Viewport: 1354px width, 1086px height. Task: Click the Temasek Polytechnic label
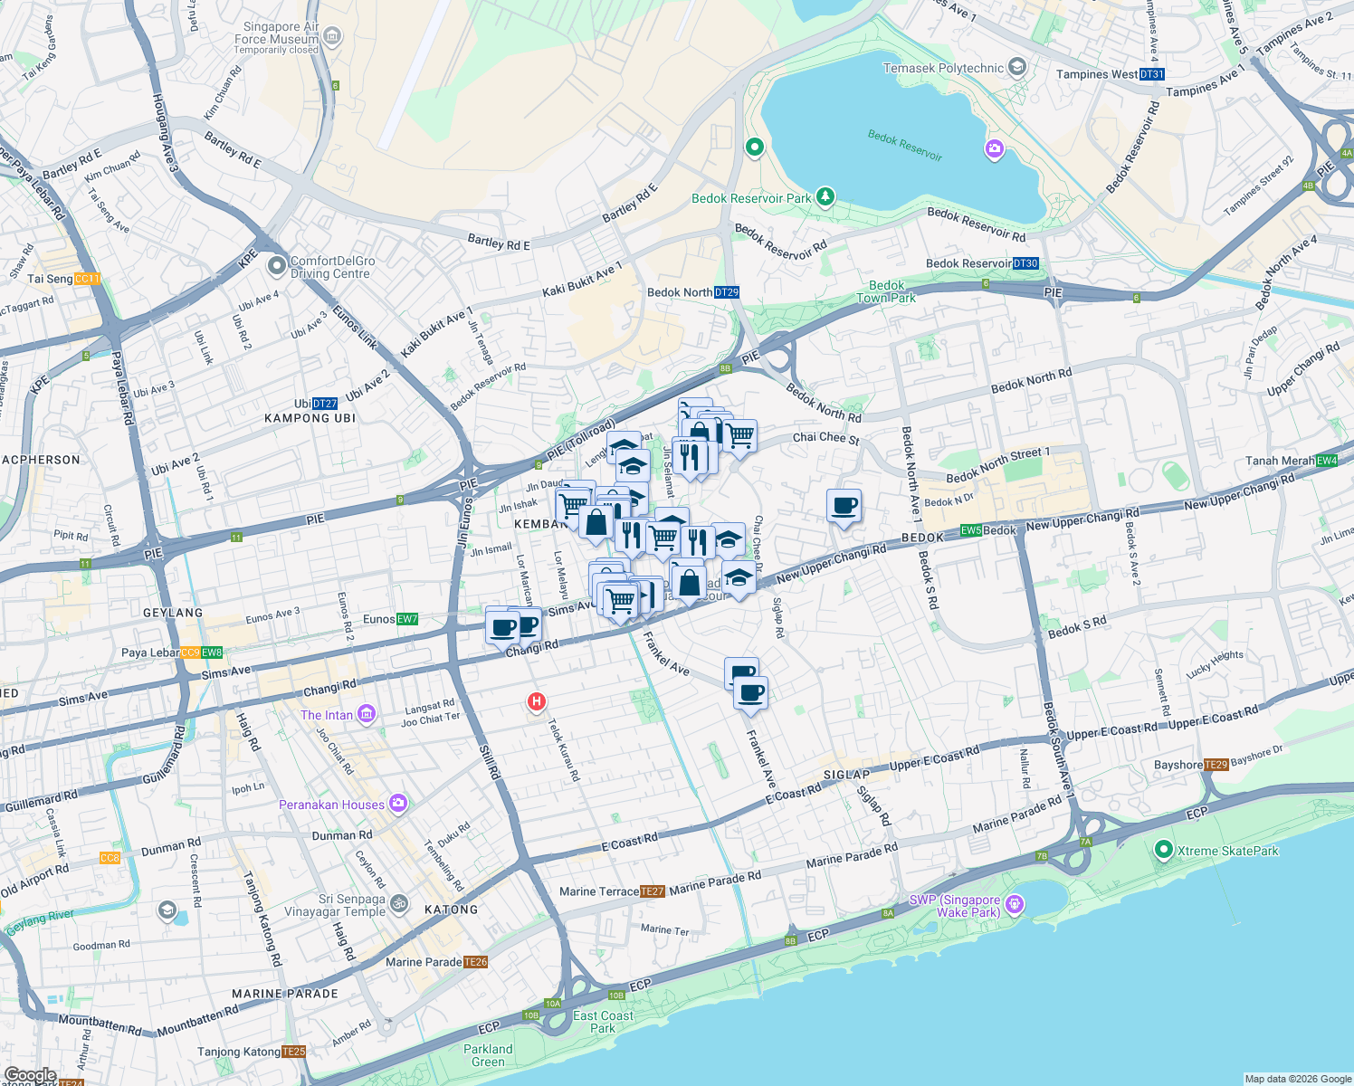[x=943, y=68]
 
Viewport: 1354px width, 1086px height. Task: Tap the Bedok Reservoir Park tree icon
[x=825, y=196]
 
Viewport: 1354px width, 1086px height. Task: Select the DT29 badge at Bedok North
[x=727, y=292]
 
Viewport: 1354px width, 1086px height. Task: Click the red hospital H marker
[x=537, y=701]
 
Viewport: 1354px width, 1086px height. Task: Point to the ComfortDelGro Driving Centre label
[x=331, y=267]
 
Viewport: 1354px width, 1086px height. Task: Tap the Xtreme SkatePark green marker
[x=1163, y=850]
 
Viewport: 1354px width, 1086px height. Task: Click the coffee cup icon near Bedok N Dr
[x=844, y=506]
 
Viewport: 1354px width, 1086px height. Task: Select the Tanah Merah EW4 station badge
[x=1327, y=461]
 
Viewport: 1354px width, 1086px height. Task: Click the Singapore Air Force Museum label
[x=276, y=33]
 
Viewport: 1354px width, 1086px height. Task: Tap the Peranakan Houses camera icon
[x=397, y=803]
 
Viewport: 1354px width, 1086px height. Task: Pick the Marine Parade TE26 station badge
[x=476, y=962]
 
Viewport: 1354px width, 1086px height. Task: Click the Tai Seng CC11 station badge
[x=88, y=279]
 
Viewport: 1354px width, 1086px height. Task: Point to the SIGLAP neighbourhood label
[x=846, y=775]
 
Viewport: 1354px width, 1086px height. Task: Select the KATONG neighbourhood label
[x=451, y=910]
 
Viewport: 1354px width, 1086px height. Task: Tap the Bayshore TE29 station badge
[x=1216, y=765]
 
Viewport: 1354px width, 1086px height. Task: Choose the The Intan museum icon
[x=366, y=714]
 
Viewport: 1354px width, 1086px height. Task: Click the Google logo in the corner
[x=30, y=1075]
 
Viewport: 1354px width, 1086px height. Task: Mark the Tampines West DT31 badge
[x=1152, y=74]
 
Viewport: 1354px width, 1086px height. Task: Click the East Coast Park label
[x=603, y=1022]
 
